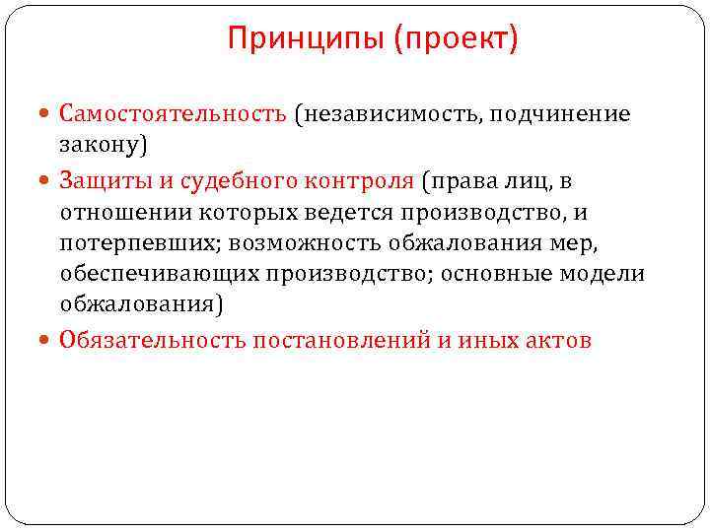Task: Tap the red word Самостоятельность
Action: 173,115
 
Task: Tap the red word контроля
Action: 361,181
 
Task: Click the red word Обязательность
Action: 153,341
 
